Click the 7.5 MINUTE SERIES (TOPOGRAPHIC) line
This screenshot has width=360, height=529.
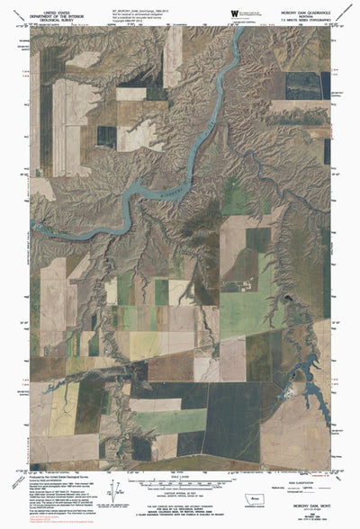point(301,20)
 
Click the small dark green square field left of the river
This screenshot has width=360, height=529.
point(107,137)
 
